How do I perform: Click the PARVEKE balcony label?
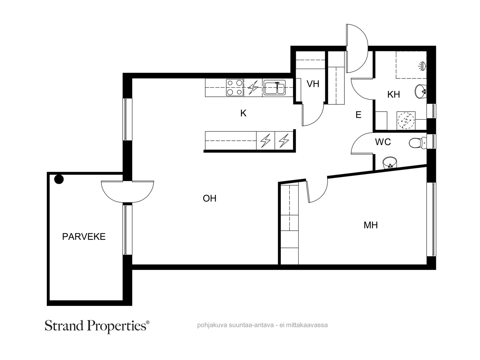point(84,237)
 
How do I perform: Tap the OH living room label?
point(209,199)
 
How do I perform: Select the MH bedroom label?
point(370,225)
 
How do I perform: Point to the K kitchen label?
point(243,113)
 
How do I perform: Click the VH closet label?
point(313,84)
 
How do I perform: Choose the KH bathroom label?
point(394,94)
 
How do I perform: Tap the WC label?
point(383,142)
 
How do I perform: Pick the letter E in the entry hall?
point(358,115)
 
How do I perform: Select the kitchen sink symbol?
point(274,87)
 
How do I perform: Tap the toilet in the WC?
point(418,143)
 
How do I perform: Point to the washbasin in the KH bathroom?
point(420,92)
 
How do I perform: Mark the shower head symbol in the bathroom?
point(422,66)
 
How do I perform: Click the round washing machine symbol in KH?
point(406,120)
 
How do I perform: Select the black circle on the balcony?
point(59,179)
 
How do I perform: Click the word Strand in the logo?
point(64,326)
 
